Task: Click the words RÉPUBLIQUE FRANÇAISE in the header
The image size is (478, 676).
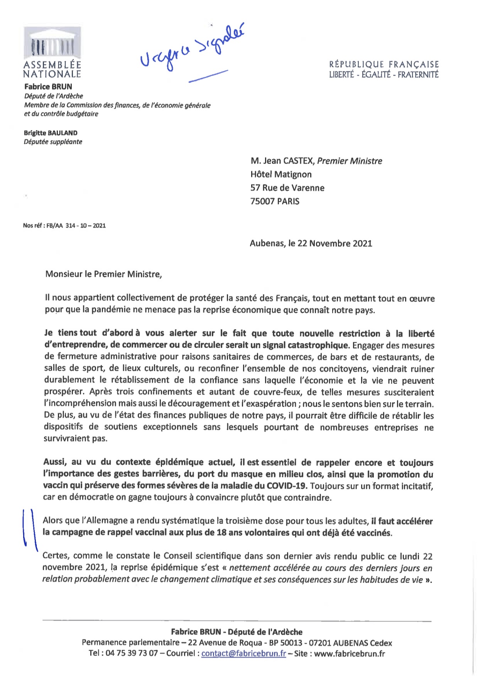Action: (384, 64)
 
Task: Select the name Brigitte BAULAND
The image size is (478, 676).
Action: (51, 133)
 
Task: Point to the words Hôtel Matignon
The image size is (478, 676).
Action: (281, 174)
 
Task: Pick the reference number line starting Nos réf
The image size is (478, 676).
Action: (64, 226)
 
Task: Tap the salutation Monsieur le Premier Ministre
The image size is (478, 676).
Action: (103, 274)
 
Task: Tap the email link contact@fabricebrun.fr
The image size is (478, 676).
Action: (243, 654)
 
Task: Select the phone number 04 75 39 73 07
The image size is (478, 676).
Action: (129, 654)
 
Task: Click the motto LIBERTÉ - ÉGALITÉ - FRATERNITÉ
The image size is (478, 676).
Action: (384, 75)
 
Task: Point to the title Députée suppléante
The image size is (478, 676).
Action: (53, 142)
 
